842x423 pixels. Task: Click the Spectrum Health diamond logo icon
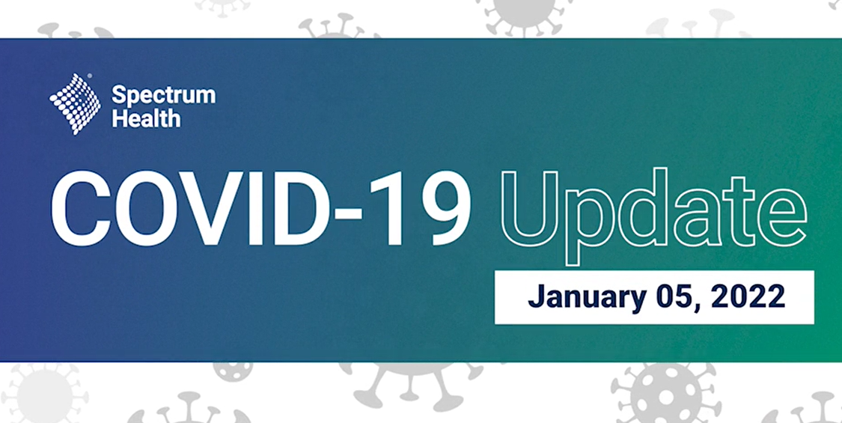(75, 104)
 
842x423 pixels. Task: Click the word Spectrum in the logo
(164, 97)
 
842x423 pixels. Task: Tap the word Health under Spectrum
(146, 118)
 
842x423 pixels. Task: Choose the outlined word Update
(653, 216)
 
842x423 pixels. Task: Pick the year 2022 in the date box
(748, 296)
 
